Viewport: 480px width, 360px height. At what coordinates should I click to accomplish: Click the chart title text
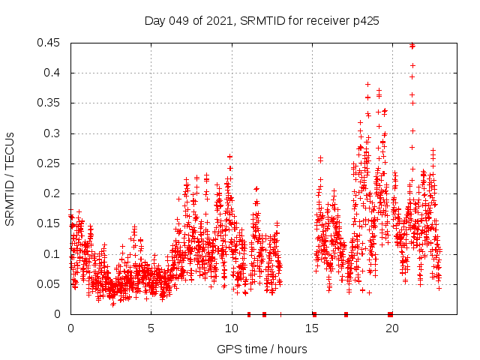[x=262, y=21]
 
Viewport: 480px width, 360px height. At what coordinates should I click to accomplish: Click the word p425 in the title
[x=365, y=21]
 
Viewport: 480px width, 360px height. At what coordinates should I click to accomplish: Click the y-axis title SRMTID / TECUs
[x=10, y=178]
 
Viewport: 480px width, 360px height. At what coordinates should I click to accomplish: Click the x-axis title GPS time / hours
[x=262, y=349]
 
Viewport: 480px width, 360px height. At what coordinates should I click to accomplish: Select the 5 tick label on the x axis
[x=151, y=328]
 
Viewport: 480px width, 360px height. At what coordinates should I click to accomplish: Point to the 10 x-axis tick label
[x=231, y=328]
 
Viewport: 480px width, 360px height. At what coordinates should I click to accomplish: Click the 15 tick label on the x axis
[x=311, y=328]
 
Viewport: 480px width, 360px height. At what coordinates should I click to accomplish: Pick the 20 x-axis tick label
[x=391, y=328]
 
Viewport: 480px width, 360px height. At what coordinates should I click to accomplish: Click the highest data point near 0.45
[x=412, y=46]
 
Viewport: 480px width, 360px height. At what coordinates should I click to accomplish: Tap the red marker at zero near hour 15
[x=314, y=314]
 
